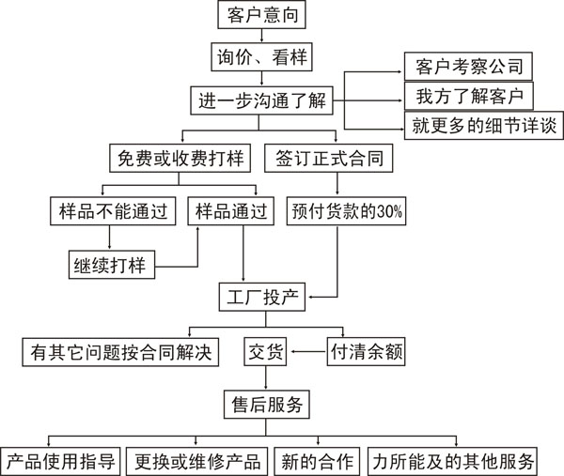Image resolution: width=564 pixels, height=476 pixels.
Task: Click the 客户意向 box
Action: pyautogui.click(x=261, y=15)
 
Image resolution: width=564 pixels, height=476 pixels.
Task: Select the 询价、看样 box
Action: pyautogui.click(x=261, y=56)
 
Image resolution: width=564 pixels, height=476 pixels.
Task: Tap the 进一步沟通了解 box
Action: pyautogui.click(x=261, y=100)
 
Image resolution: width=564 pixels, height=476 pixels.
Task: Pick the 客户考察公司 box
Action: pyautogui.click(x=468, y=67)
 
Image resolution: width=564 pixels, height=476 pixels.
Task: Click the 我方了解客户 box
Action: pyautogui.click(x=469, y=96)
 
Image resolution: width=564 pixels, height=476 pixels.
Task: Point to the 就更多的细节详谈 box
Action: pyautogui.click(x=483, y=126)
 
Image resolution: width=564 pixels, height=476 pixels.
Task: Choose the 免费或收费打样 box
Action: pyautogui.click(x=180, y=158)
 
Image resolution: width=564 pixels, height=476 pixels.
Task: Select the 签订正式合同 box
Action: pyautogui.click(x=328, y=158)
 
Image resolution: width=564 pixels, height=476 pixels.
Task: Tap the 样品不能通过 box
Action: pyautogui.click(x=113, y=211)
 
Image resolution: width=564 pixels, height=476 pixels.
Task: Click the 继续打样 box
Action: pyautogui.click(x=112, y=265)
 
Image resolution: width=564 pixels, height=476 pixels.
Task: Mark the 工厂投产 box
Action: pyautogui.click(x=262, y=297)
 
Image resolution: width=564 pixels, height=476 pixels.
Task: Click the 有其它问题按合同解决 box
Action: pyautogui.click(x=120, y=352)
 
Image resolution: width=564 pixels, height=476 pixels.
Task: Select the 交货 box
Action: pyautogui.click(x=265, y=352)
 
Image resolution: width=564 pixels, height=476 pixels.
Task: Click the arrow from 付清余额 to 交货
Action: pyautogui.click(x=309, y=352)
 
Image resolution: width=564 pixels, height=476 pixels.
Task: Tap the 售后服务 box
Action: pyautogui.click(x=267, y=405)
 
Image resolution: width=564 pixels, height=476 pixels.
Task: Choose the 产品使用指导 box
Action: pyautogui.click(x=60, y=461)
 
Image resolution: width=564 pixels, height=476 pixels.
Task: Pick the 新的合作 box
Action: pyautogui.click(x=317, y=461)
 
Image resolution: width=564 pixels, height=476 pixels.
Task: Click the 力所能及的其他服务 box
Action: pyautogui.click(x=452, y=461)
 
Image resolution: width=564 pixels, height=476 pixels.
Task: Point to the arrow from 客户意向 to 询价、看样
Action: pyautogui.click(x=261, y=36)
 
